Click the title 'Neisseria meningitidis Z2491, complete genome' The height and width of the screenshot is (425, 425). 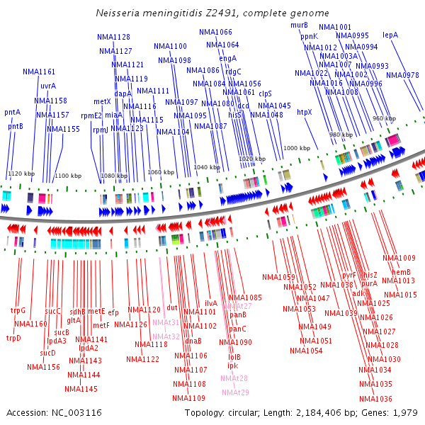click(212, 13)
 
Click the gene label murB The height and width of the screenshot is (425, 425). click(299, 25)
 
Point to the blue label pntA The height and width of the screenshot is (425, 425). click(13, 112)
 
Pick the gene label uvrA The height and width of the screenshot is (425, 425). click(48, 86)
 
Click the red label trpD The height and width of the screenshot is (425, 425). click(14, 338)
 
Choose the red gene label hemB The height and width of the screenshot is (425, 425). click(402, 272)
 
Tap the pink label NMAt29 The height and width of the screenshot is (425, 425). click(235, 392)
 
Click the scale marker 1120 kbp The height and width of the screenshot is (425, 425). click(21, 173)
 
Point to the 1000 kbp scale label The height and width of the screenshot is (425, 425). click(297, 149)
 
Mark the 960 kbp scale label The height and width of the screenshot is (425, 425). click(384, 118)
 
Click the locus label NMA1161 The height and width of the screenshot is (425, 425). click(39, 72)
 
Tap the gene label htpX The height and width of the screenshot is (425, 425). click(304, 111)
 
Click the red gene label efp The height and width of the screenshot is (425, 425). click(113, 312)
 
